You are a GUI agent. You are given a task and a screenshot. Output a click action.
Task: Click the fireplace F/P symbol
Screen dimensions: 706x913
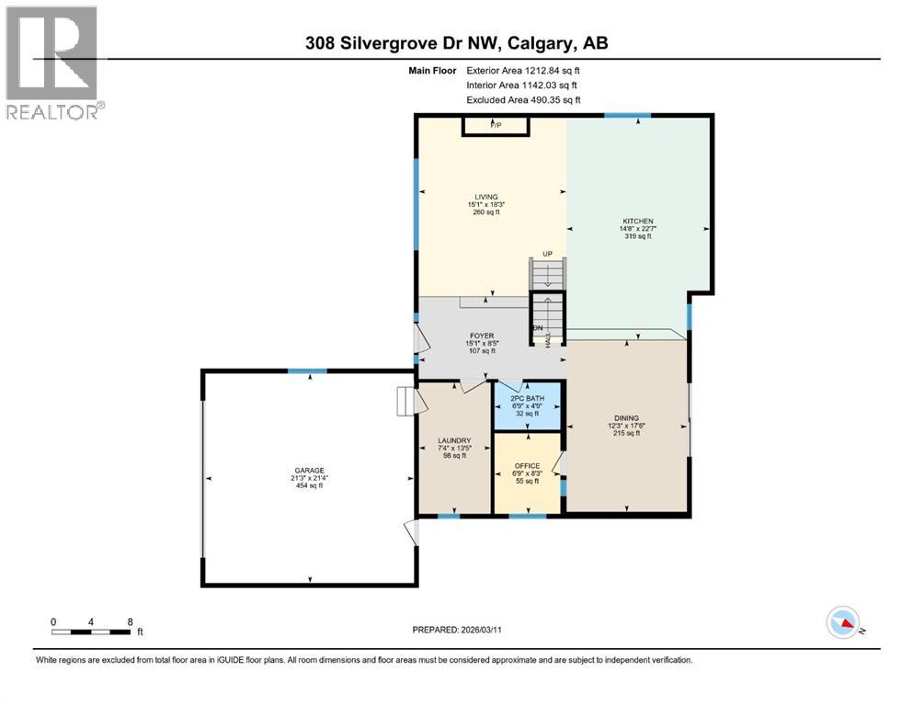(x=496, y=124)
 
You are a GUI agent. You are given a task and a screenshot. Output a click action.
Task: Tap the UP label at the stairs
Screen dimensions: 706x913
(x=546, y=254)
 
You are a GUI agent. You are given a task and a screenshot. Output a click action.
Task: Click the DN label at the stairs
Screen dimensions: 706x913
(x=538, y=327)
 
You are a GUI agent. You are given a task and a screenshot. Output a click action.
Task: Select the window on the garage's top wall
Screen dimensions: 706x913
(x=306, y=370)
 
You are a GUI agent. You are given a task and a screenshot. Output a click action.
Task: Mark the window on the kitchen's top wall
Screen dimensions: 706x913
(x=627, y=115)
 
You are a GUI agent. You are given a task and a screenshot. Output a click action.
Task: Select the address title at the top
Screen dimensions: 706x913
(x=457, y=42)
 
